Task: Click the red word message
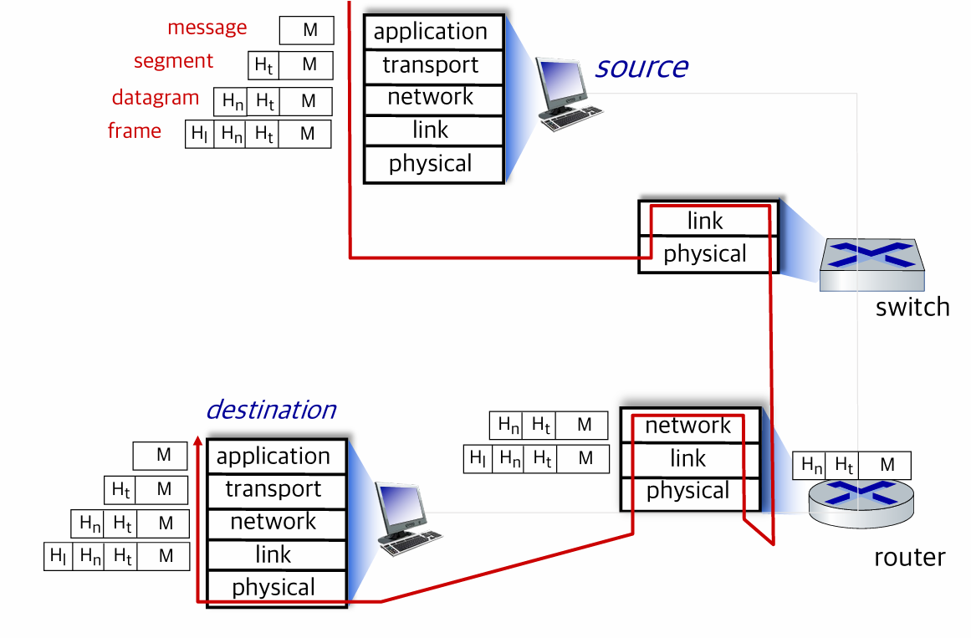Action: click(207, 28)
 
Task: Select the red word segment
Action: click(173, 61)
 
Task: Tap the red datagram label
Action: click(156, 97)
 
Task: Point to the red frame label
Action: click(135, 130)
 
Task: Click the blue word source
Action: click(641, 67)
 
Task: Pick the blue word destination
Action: click(271, 410)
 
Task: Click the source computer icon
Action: click(566, 94)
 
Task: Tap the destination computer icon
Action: click(407, 518)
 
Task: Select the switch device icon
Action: click(872, 264)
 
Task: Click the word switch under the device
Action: click(912, 307)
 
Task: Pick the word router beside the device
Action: click(910, 558)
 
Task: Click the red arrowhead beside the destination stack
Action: click(198, 441)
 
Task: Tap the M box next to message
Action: click(307, 30)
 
